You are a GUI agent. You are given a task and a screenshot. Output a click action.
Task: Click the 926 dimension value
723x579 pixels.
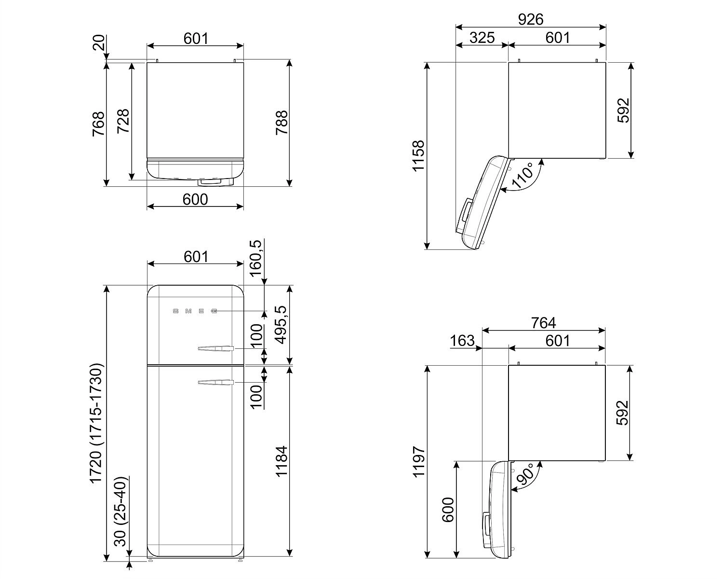pyautogui.click(x=531, y=19)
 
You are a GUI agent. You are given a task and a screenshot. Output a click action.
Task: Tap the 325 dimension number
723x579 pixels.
pyautogui.click(x=482, y=38)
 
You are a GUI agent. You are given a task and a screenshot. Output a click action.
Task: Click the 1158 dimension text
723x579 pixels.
pyautogui.click(x=418, y=156)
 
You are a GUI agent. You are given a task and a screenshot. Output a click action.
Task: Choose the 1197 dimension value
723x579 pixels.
pyautogui.click(x=418, y=462)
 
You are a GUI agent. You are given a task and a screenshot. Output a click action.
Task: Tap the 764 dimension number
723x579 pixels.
pyautogui.click(x=544, y=323)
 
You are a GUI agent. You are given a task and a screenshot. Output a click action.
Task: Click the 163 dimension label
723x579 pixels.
pyautogui.click(x=462, y=341)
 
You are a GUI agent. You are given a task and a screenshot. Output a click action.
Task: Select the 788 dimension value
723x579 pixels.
pyautogui.click(x=281, y=123)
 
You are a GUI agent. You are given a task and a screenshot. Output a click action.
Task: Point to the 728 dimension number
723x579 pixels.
pyautogui.click(x=123, y=121)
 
